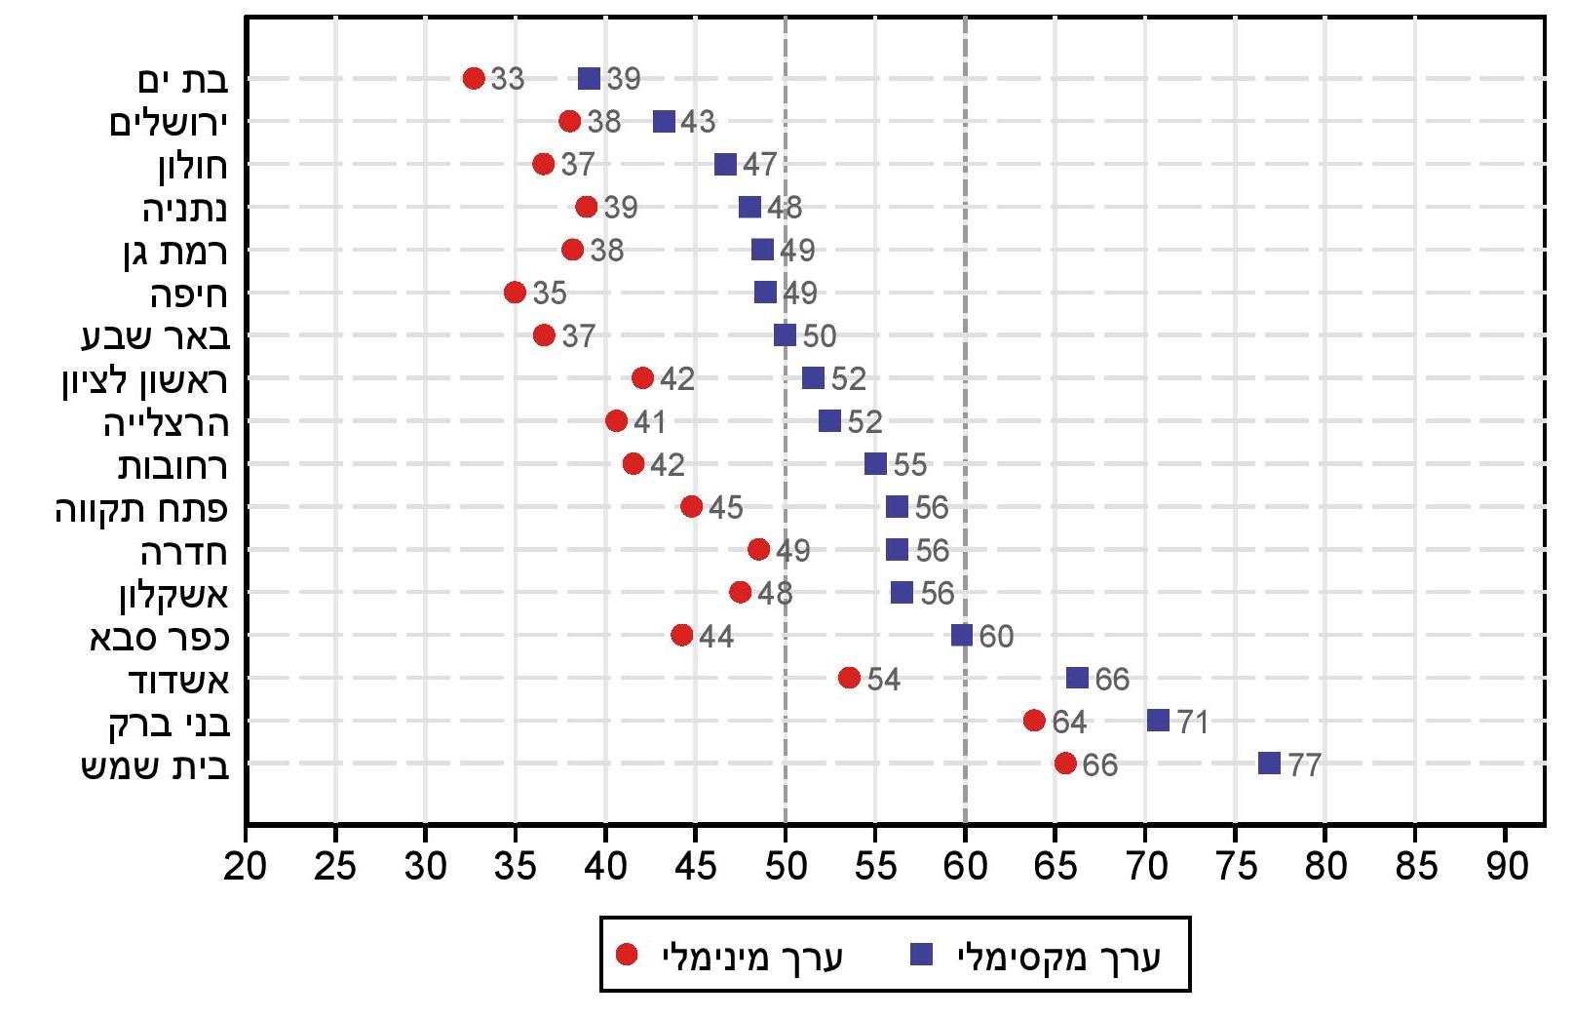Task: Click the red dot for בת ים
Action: tap(474, 78)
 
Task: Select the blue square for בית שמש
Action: tap(1269, 764)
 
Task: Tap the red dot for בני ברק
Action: tap(1034, 721)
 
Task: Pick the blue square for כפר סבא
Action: tap(962, 636)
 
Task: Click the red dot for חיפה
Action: tap(515, 293)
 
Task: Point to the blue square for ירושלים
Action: tap(664, 122)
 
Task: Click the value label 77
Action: tap(1304, 764)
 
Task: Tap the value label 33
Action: tap(507, 79)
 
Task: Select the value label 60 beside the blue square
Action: tap(996, 637)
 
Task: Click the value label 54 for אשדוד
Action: tap(883, 680)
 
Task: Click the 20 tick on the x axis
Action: tap(245, 866)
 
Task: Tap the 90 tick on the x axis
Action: tap(1506, 866)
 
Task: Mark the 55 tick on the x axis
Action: tap(875, 866)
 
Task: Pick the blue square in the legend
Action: tap(921, 955)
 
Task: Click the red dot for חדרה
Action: tap(758, 550)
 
